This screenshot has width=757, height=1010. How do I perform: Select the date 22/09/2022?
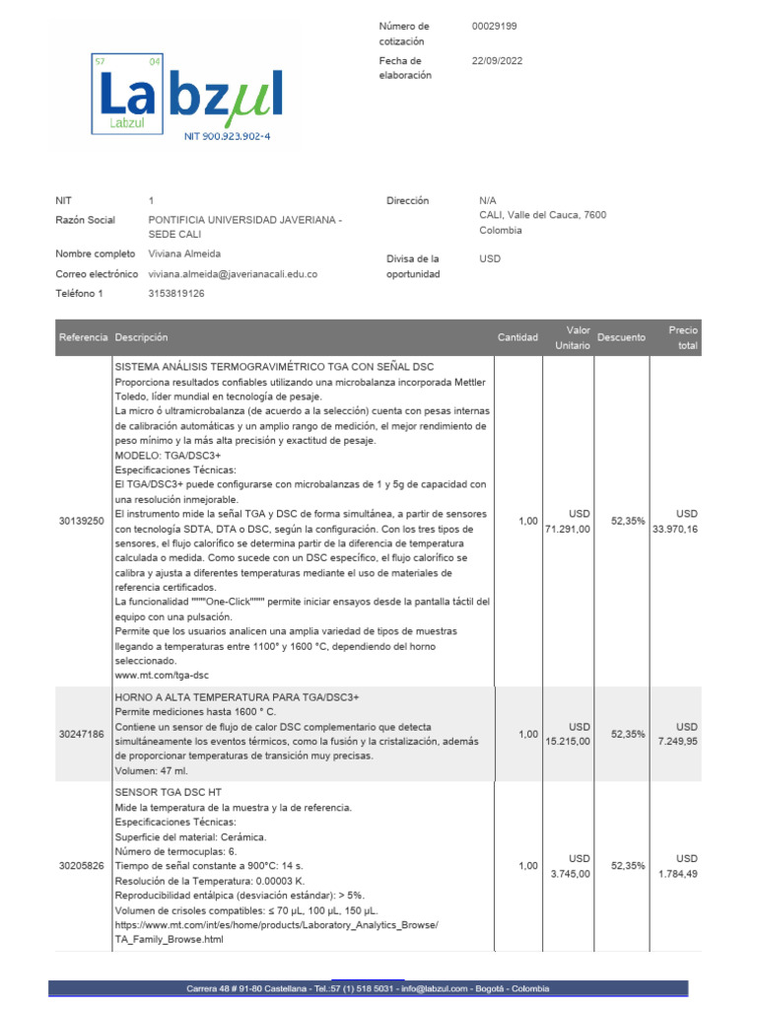click(497, 61)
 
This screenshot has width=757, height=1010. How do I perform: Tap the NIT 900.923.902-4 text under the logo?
click(227, 137)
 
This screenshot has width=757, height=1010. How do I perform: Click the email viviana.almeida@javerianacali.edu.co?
click(233, 274)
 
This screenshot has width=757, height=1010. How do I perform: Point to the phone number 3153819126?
click(176, 293)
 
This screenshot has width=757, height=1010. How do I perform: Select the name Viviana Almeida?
click(184, 253)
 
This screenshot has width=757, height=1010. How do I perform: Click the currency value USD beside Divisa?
click(490, 259)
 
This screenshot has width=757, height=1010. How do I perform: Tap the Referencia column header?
click(83, 337)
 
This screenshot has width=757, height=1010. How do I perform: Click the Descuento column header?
click(621, 337)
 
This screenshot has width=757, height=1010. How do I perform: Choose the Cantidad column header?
click(517, 337)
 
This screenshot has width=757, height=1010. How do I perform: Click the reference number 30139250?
click(81, 522)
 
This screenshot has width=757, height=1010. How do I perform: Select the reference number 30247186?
click(81, 735)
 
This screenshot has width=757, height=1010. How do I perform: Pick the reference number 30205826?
click(81, 866)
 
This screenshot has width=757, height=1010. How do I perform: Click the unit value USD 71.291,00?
click(568, 522)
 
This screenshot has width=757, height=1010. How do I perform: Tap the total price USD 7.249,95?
click(676, 735)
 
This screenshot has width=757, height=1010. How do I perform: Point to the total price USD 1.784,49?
click(676, 866)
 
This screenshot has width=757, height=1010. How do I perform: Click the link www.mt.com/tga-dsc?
click(162, 676)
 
